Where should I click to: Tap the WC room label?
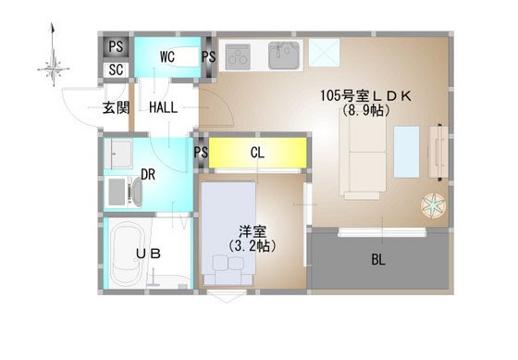pyautogui.click(x=167, y=56)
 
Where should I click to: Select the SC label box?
pyautogui.click(x=117, y=69)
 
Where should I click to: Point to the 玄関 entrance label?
pyautogui.click(x=116, y=107)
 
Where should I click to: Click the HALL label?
pyautogui.click(x=164, y=107)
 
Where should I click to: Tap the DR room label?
pyautogui.click(x=147, y=174)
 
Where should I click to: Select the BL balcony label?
pyautogui.click(x=378, y=259)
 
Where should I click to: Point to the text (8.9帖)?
pyautogui.click(x=364, y=110)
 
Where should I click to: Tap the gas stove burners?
pyautogui.click(x=240, y=56)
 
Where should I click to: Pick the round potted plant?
pyautogui.click(x=433, y=205)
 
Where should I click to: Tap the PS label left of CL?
pyautogui.click(x=201, y=154)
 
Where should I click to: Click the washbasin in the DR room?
pyautogui.click(x=119, y=155)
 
